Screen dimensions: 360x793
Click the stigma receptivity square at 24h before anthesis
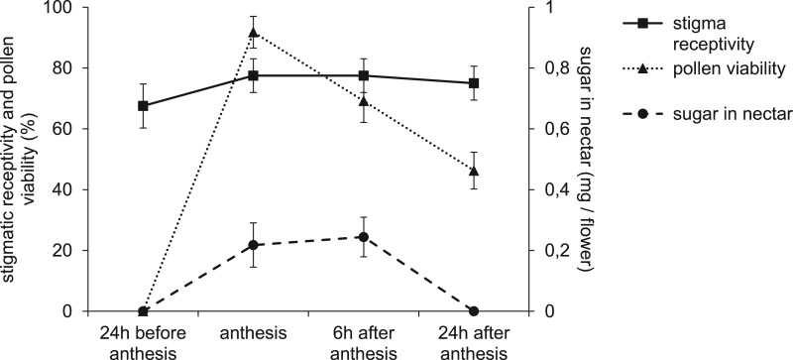[143, 106]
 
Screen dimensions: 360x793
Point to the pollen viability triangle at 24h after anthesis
[473, 171]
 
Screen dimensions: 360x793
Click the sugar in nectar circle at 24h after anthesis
[473, 311]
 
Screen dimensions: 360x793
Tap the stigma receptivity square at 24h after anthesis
[473, 83]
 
